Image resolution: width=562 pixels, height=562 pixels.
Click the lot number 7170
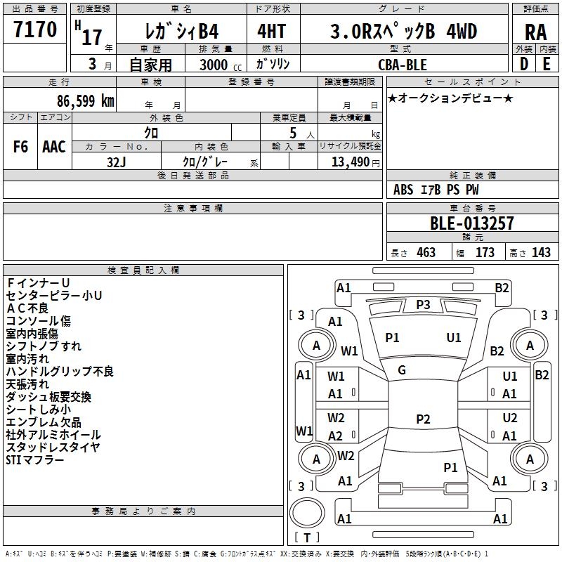click(x=35, y=30)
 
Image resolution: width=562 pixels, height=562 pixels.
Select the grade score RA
click(x=535, y=32)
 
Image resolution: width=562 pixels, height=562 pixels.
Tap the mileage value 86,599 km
click(x=85, y=101)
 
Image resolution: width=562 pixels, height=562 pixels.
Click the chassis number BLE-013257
click(x=471, y=223)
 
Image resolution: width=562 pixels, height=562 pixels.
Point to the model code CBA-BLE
click(x=403, y=65)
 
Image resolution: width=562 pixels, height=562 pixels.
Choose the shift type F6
click(x=20, y=147)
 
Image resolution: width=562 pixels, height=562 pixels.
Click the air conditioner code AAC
click(x=54, y=147)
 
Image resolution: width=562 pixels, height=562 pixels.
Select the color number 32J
click(x=116, y=162)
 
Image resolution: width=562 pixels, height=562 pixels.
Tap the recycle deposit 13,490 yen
click(x=355, y=162)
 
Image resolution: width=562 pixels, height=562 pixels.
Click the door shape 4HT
click(x=272, y=31)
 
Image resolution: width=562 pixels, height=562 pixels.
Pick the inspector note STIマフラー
click(x=34, y=460)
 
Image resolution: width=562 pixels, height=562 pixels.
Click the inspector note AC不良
click(x=27, y=308)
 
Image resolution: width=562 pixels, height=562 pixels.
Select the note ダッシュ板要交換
click(x=48, y=397)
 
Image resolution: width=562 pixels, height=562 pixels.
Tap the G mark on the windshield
click(x=402, y=370)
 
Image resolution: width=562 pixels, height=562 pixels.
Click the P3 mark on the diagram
click(x=423, y=305)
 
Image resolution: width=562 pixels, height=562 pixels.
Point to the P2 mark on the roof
click(x=423, y=419)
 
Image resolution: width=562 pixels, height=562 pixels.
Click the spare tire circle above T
click(x=307, y=512)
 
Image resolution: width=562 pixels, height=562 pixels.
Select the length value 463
click(x=426, y=252)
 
